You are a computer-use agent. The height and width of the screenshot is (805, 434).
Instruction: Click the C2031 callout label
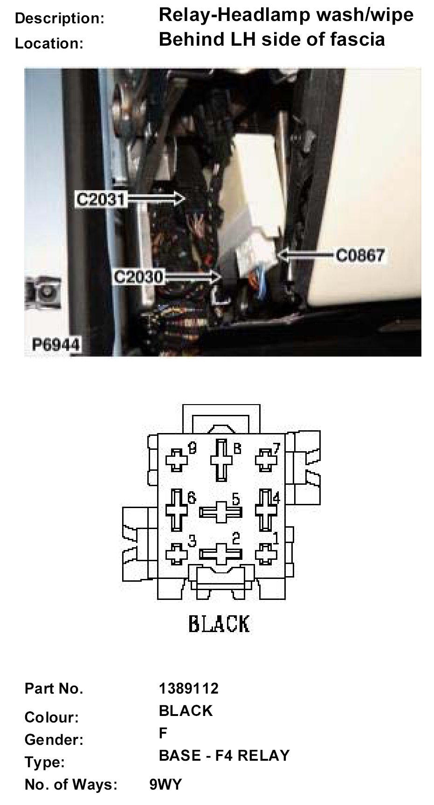(101, 200)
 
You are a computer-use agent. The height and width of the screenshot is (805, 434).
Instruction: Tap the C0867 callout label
(360, 255)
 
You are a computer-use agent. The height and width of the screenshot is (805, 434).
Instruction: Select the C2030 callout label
(139, 277)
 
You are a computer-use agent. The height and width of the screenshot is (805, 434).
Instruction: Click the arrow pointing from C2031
(156, 199)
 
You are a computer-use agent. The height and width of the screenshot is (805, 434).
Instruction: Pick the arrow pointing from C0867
(305, 255)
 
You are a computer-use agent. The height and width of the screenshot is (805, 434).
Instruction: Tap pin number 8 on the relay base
(221, 460)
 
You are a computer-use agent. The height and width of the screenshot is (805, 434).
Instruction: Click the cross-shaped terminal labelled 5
(220, 512)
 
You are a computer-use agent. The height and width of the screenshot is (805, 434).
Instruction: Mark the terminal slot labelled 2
(220, 553)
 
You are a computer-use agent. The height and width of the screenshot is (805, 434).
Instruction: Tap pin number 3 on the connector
(177, 554)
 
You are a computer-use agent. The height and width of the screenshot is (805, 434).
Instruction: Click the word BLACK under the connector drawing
(219, 624)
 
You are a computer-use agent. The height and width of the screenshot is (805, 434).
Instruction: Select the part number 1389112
(189, 688)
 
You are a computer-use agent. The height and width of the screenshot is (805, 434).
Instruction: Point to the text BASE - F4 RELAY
(224, 756)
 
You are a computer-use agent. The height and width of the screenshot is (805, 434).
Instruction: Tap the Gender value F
(163, 733)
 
